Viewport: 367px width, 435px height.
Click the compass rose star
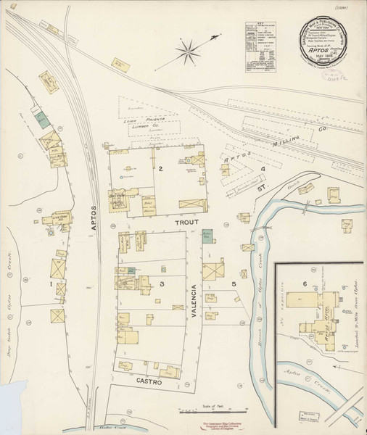coord(189,51)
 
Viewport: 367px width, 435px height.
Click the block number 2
coord(160,169)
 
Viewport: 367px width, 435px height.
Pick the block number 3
coord(162,283)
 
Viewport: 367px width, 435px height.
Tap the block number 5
coord(234,283)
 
